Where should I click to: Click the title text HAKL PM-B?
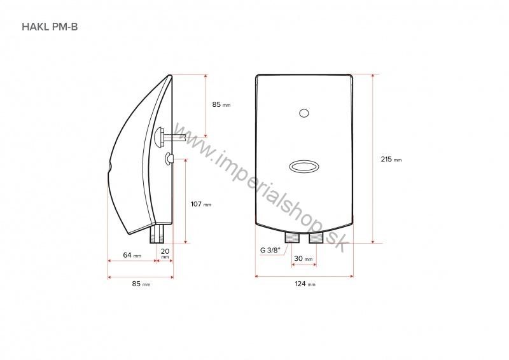coord(50,27)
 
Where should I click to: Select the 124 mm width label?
coord(303,284)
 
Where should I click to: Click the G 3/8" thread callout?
coord(270,249)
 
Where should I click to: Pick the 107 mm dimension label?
coord(200,204)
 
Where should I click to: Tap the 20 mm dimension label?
coord(165,254)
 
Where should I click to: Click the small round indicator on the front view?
coord(304,114)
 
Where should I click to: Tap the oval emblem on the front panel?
coord(304,166)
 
